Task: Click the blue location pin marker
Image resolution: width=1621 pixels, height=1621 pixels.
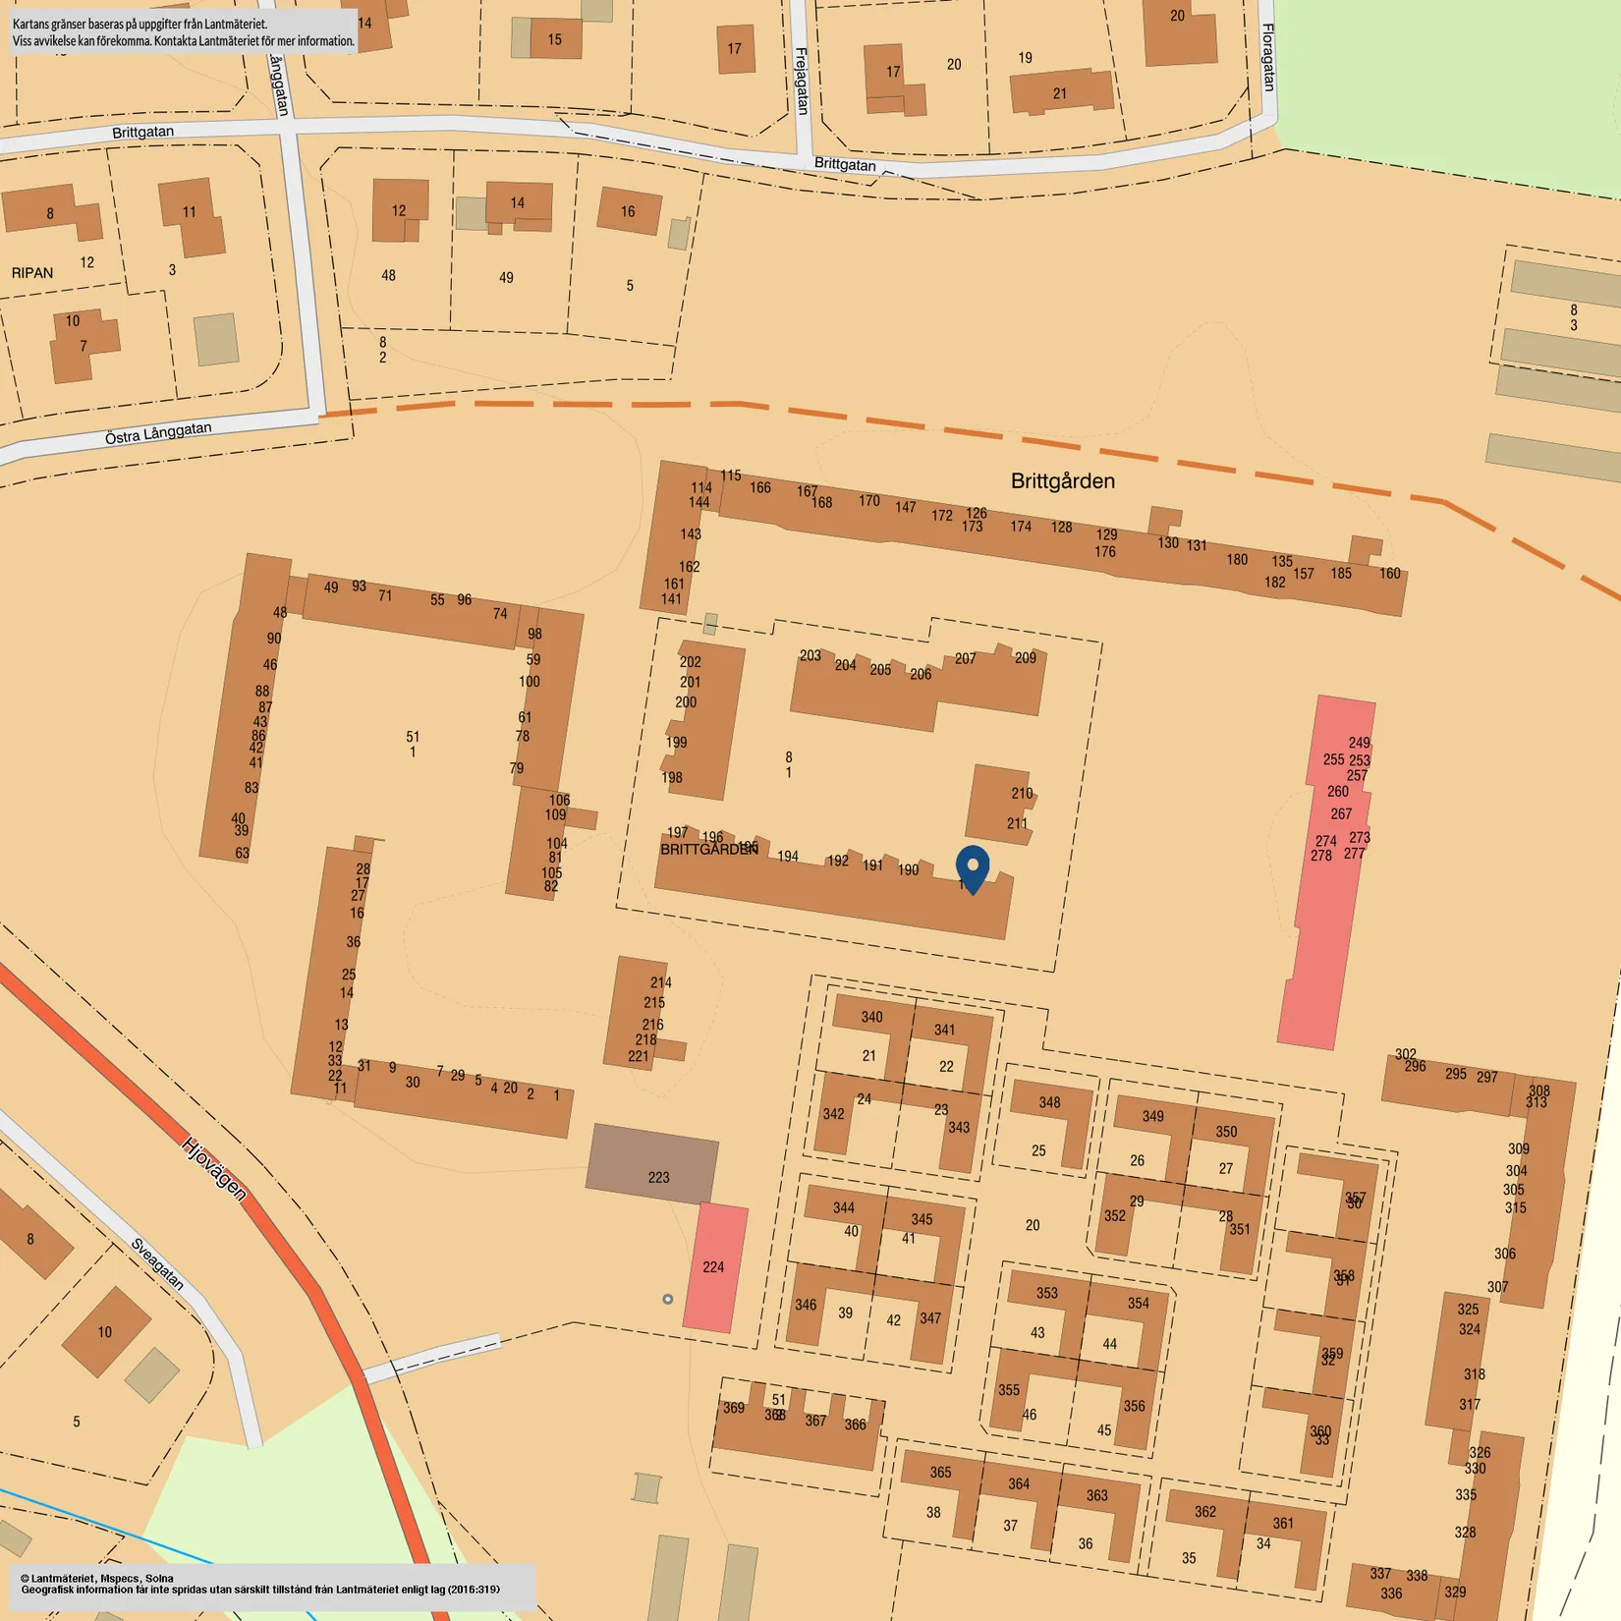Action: [973, 867]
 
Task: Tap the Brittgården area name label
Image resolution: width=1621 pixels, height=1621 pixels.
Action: [1062, 481]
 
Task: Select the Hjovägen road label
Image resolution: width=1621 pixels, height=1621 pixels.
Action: [213, 1167]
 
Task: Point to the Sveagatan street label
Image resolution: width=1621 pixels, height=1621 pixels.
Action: [157, 1263]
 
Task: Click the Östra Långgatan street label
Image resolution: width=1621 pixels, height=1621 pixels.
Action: [158, 433]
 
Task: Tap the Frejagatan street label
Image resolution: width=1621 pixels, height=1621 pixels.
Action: [802, 81]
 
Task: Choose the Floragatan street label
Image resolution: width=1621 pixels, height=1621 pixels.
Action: [1268, 58]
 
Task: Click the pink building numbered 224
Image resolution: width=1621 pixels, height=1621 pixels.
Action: [714, 1267]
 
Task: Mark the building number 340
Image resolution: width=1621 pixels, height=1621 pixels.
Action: [871, 1017]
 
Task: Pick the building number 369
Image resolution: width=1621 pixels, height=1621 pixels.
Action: [734, 1408]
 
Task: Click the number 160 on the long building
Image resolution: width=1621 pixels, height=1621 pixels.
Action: [1389, 574]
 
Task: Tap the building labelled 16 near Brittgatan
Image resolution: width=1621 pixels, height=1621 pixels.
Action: [628, 211]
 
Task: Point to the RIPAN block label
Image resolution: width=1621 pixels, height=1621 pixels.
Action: [32, 273]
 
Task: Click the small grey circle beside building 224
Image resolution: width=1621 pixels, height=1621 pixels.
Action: [668, 1299]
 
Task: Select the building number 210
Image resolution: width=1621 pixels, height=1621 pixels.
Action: [1022, 793]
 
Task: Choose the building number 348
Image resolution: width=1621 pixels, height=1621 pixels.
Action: [1049, 1102]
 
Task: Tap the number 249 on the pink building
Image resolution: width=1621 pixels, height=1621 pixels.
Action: [1359, 743]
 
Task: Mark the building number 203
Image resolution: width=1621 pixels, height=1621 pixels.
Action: [810, 655]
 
